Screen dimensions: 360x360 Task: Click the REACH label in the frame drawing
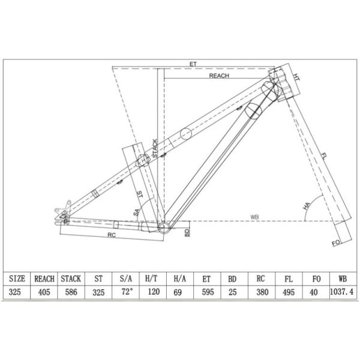220,76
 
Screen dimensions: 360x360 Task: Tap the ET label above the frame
193,63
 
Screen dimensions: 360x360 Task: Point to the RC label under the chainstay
111,235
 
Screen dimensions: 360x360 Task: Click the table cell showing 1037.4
342,292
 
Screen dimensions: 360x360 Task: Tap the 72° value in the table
127,292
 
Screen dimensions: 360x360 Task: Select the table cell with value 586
70,292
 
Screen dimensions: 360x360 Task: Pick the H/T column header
152,278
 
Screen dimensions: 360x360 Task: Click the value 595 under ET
206,292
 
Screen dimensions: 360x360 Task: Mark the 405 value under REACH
44,292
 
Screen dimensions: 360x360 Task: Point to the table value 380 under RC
260,292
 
